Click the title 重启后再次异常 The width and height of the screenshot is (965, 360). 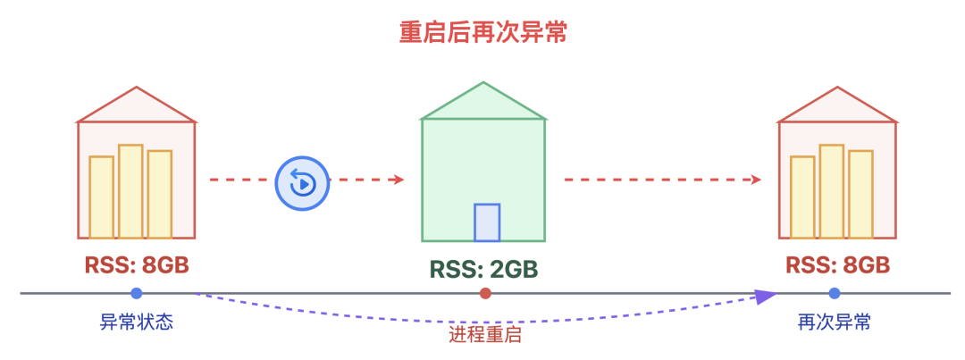tap(482, 33)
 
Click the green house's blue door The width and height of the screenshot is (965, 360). tap(487, 222)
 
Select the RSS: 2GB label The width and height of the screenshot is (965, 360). tap(483, 269)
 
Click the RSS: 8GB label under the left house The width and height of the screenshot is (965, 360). tap(138, 265)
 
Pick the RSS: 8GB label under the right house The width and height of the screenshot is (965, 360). tap(838, 265)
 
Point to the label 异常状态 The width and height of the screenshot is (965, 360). tap(136, 322)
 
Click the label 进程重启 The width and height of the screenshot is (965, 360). tap(484, 335)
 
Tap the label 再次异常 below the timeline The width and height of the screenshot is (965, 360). tap(834, 322)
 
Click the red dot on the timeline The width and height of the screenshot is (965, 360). tap(485, 293)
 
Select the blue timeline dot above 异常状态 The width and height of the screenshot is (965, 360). tap(136, 293)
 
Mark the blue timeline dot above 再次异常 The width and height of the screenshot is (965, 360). tap(834, 293)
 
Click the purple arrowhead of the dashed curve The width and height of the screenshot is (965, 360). tap(766, 297)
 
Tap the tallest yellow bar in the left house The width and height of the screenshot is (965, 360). tap(130, 191)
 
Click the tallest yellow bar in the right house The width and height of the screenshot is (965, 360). tap(831, 191)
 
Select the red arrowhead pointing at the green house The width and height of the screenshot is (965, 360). tap(399, 180)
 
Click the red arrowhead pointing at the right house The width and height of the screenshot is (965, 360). tap(756, 180)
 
